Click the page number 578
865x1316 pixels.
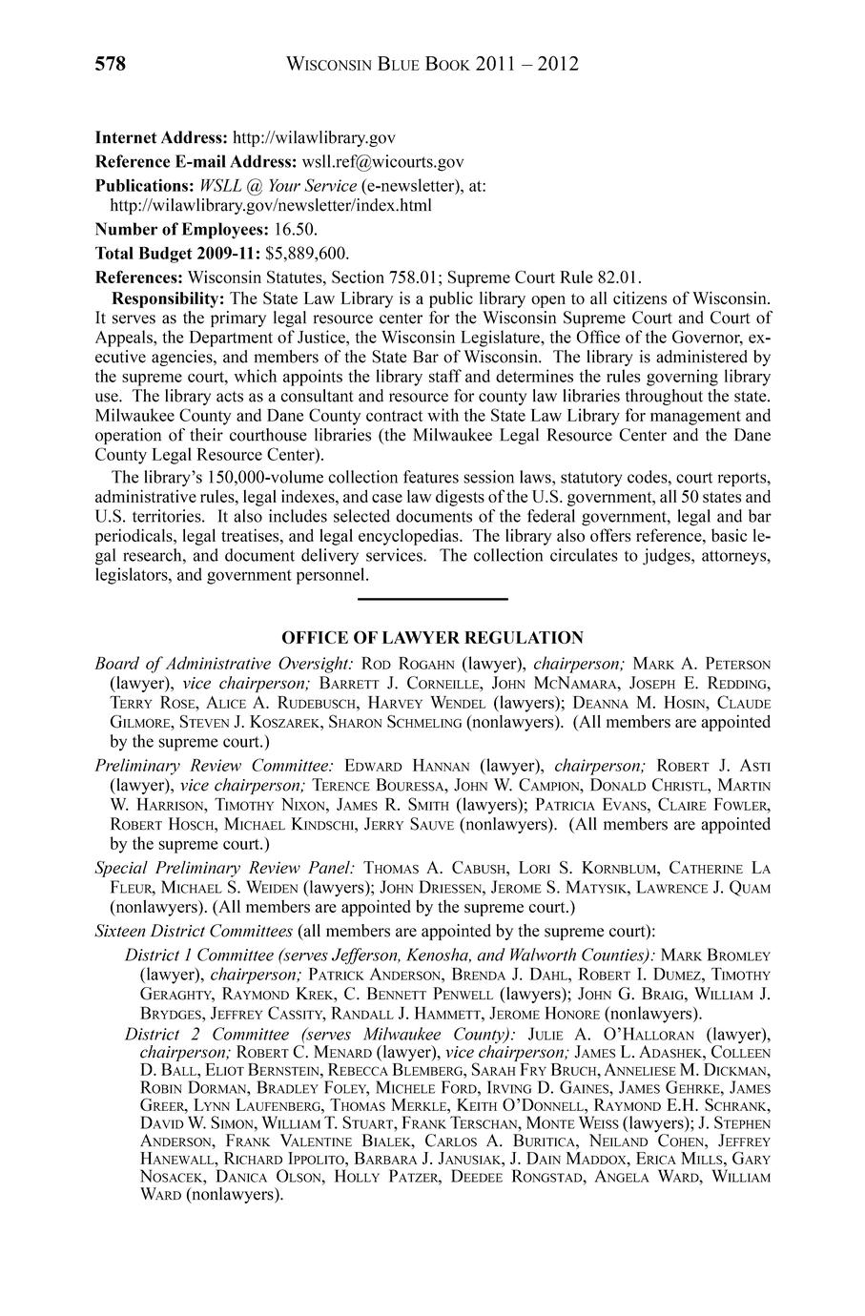[x=111, y=64]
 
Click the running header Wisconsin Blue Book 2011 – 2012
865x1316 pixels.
[x=432, y=64]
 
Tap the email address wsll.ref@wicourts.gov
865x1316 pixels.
[x=382, y=162]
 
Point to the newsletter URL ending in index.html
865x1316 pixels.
[x=271, y=205]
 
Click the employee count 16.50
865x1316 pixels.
[x=296, y=230]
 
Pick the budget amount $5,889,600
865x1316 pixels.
[x=307, y=254]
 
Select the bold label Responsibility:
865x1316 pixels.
[x=168, y=298]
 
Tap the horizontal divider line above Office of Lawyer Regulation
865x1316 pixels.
[x=432, y=598]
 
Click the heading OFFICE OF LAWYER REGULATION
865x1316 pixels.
[x=432, y=637]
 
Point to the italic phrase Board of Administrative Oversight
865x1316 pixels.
[x=224, y=663]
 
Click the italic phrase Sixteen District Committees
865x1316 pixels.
[x=194, y=930]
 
